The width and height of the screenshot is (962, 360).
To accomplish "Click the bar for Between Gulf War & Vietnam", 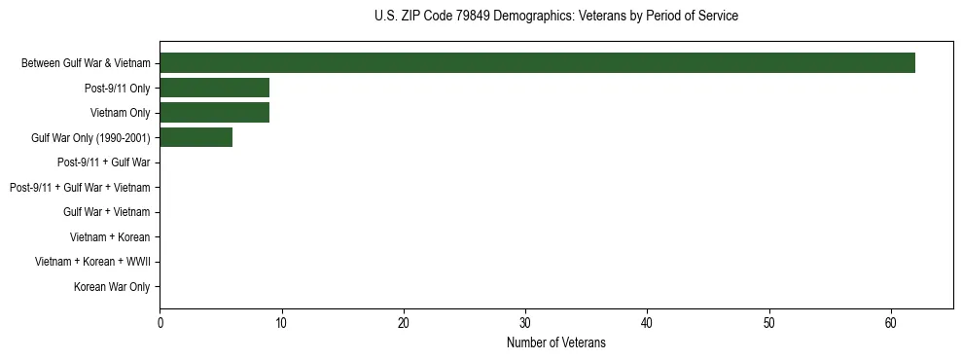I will [x=537, y=63].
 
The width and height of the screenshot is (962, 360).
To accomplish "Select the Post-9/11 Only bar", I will [x=214, y=88].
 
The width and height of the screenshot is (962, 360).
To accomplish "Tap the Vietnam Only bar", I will [x=214, y=113].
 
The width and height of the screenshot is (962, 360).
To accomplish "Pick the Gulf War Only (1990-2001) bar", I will [x=196, y=138].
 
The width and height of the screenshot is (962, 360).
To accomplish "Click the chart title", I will [x=555, y=16].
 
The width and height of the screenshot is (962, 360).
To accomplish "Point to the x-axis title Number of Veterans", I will [x=555, y=342].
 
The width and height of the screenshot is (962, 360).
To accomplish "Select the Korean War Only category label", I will [x=112, y=287].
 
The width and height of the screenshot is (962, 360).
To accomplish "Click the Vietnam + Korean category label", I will [x=110, y=236].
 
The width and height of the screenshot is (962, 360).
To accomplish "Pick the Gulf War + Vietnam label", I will [x=107, y=212].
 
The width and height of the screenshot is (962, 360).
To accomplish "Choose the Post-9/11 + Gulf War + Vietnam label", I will [x=80, y=187].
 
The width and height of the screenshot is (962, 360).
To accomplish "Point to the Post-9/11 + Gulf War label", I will [x=104, y=162].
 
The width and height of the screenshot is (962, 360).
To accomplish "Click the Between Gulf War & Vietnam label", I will [x=86, y=63].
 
